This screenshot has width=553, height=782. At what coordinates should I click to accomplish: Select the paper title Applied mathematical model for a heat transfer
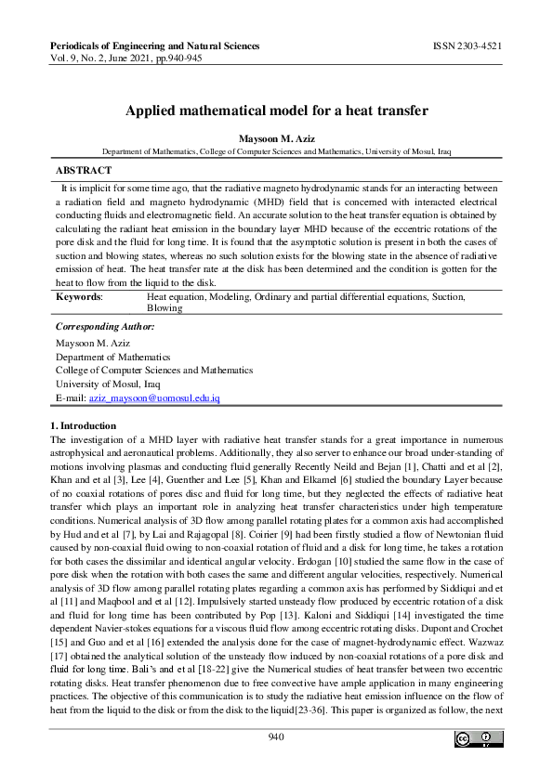(x=276, y=111)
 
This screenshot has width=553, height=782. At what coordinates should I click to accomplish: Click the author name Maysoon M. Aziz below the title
(x=276, y=137)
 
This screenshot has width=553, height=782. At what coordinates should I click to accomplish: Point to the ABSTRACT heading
(x=84, y=171)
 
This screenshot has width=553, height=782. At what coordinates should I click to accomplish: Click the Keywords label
(x=79, y=296)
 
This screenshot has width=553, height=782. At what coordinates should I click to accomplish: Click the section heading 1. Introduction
(x=83, y=424)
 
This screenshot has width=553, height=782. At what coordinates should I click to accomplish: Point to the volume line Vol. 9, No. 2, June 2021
(x=126, y=58)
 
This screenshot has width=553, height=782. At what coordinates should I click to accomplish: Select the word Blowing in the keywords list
(x=165, y=307)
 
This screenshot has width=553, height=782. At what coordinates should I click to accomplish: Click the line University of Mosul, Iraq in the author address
(x=99, y=384)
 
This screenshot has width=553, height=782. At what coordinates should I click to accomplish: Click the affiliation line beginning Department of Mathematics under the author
(x=276, y=150)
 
